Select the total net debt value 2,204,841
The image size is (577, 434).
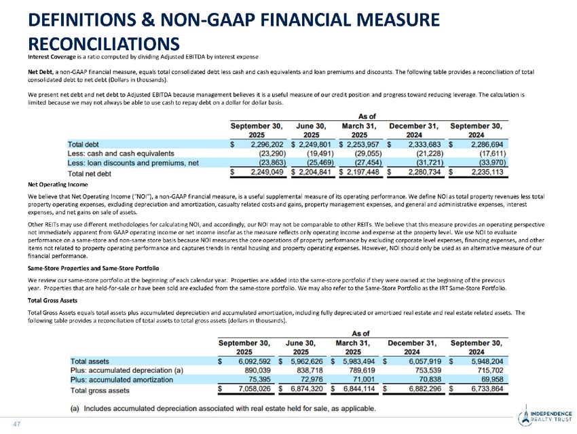click(x=312, y=173)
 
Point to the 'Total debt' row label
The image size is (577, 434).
click(x=83, y=145)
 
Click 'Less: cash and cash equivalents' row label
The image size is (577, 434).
click(x=121, y=154)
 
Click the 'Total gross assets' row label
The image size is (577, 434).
click(x=100, y=390)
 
